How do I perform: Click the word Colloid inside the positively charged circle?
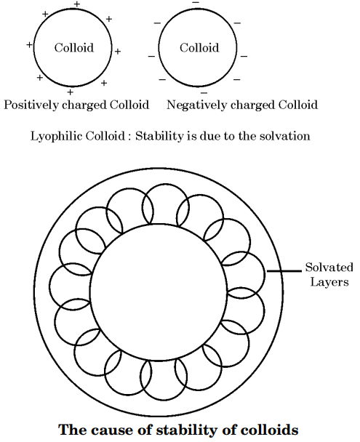coord(74,47)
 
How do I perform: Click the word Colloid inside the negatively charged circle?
coord(199,47)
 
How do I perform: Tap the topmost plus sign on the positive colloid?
coord(77,4)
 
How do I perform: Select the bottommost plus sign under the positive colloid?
coord(71,92)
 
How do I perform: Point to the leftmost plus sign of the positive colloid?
coord(29,44)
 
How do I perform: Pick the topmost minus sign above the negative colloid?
coord(196,2)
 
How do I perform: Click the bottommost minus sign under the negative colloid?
coord(204,93)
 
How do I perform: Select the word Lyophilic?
coord(57,136)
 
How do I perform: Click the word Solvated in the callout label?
coord(329,268)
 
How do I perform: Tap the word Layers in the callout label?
coord(329,282)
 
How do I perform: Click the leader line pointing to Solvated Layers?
coord(284,271)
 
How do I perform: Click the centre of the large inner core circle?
coord(159,292)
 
